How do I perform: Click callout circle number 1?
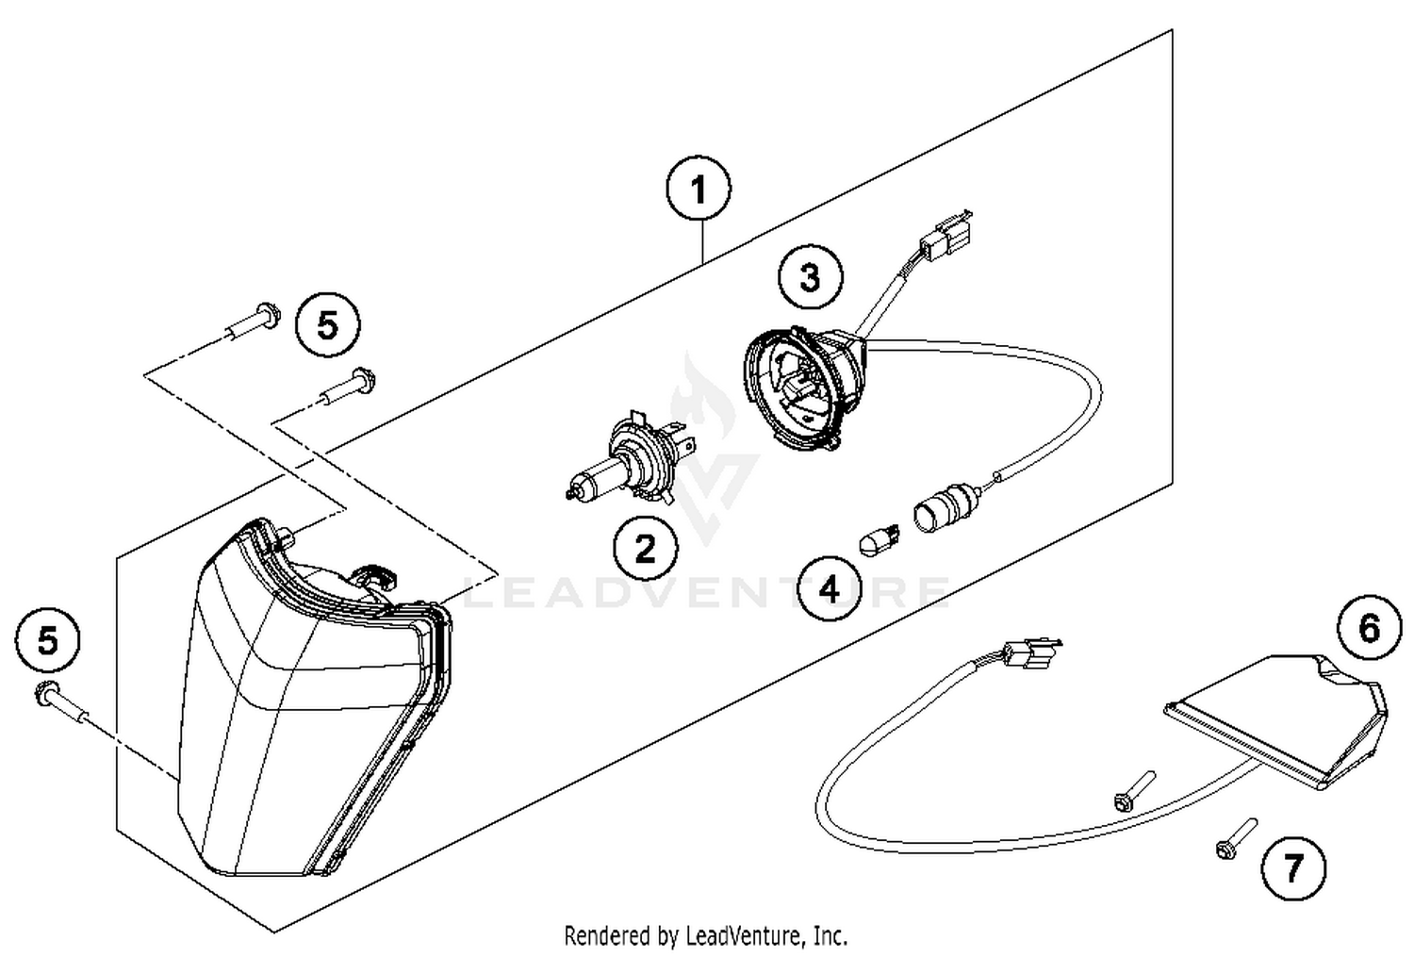click(698, 191)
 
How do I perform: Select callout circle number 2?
click(645, 548)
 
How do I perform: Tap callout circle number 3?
click(810, 278)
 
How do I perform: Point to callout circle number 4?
click(829, 589)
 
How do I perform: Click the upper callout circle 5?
click(327, 326)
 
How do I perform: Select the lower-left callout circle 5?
click(47, 642)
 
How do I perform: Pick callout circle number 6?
click(1370, 628)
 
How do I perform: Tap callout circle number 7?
click(1292, 866)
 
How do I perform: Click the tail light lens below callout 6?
click(1282, 717)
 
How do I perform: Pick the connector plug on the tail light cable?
click(1030, 652)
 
